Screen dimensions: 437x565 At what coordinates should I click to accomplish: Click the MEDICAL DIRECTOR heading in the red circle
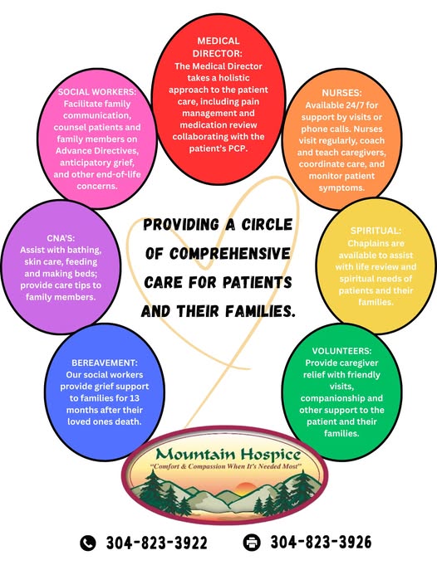(218, 47)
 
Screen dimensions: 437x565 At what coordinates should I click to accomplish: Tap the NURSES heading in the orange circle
(341, 93)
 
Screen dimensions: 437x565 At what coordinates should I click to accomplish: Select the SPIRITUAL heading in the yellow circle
(376, 231)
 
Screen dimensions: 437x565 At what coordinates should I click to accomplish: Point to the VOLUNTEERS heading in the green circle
(341, 351)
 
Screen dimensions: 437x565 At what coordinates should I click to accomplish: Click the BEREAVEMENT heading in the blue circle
(105, 363)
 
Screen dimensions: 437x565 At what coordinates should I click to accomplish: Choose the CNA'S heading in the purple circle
(61, 238)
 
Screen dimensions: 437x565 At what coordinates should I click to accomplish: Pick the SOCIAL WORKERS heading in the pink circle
(97, 92)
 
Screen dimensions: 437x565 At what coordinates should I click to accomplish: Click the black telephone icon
(88, 543)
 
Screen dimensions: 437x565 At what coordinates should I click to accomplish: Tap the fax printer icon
(252, 543)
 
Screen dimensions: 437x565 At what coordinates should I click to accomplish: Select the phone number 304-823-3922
(157, 543)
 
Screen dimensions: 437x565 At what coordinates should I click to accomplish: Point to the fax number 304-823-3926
(321, 543)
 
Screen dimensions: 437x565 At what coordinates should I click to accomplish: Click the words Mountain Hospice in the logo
(228, 455)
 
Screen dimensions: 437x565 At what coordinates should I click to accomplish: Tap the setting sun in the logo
(245, 488)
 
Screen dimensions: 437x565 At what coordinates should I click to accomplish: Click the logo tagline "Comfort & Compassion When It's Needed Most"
(226, 466)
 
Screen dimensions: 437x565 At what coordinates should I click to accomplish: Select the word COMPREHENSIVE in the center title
(230, 254)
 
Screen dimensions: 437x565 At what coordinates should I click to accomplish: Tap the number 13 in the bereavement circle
(135, 398)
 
